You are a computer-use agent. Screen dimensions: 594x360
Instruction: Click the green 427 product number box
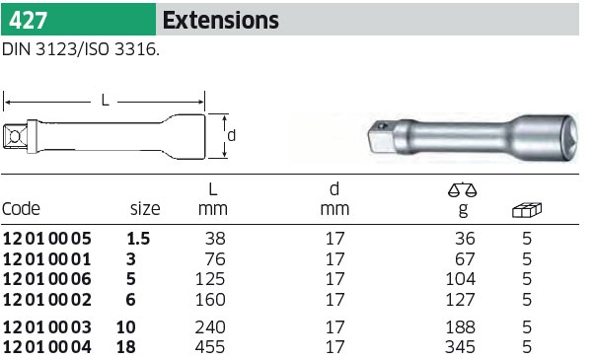(x=78, y=20)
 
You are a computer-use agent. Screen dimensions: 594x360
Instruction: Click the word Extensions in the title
(x=221, y=20)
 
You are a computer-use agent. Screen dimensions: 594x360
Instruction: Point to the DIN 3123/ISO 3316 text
(x=81, y=49)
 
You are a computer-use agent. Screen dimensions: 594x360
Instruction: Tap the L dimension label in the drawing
(x=105, y=101)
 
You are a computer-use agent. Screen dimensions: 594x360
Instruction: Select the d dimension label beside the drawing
(x=232, y=135)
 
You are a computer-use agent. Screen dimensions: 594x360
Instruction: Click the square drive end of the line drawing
(x=15, y=136)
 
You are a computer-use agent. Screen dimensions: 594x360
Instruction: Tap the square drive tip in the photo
(x=381, y=136)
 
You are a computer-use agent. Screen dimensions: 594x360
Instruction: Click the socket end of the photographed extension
(x=546, y=138)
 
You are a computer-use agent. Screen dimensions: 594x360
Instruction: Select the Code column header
(x=21, y=208)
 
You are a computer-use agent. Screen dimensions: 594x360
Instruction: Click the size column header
(x=145, y=209)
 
